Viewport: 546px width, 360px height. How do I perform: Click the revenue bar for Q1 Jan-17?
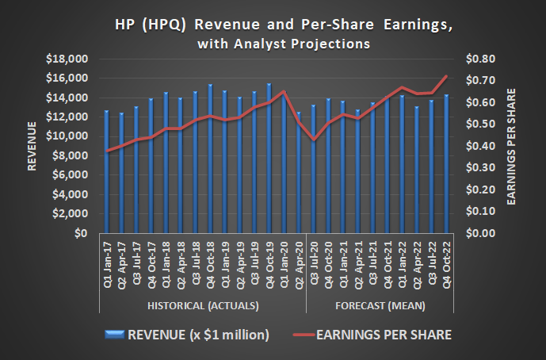tap(106, 171)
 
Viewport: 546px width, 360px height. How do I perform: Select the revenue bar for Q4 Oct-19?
tap(269, 159)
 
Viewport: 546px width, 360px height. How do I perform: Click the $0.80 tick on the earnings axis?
tap(483, 59)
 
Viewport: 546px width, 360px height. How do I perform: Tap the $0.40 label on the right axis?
tap(483, 146)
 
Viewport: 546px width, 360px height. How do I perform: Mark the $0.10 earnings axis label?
tap(483, 212)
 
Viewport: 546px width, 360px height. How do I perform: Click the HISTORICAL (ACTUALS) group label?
tap(203, 305)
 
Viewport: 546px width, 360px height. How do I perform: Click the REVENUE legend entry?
tap(191, 335)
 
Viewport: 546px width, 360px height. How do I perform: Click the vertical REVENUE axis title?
tap(32, 146)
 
